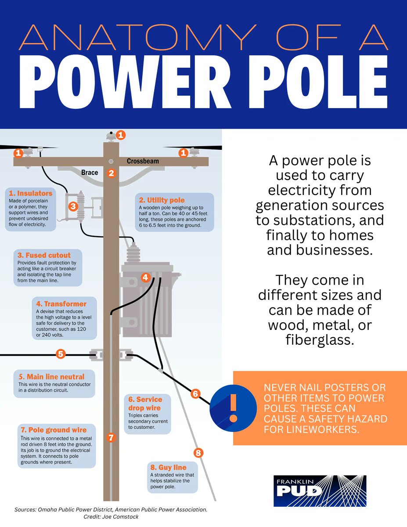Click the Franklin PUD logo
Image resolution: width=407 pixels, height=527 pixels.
tap(320, 491)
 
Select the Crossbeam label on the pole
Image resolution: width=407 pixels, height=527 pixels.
tap(143, 161)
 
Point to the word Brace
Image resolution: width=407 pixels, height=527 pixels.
tap(90, 173)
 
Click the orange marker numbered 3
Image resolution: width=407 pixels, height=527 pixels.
tap(73, 206)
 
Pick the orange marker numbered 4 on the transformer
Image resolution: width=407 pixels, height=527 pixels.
tap(146, 278)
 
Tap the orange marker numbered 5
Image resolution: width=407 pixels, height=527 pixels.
tap(61, 354)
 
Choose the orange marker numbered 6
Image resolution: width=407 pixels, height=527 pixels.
tap(196, 394)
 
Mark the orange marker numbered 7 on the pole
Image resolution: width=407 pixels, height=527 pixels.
tap(111, 437)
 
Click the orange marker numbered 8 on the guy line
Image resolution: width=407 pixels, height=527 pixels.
tap(198, 453)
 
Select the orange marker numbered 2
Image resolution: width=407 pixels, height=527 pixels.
tap(111, 173)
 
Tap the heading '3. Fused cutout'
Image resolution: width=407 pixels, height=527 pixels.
tap(44, 255)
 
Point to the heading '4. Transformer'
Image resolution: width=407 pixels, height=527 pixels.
tap(61, 303)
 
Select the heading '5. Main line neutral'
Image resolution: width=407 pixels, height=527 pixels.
tap(51, 377)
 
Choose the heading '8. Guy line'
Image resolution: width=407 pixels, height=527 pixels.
tap(168, 467)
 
